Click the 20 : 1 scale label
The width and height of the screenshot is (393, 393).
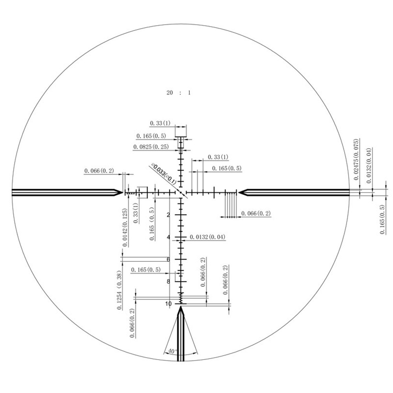[178, 93]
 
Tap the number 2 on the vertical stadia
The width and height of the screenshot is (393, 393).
[169, 215]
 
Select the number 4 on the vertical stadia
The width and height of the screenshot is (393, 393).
[169, 237]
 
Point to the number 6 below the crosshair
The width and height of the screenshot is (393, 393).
[169, 259]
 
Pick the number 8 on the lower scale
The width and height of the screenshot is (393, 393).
[169, 281]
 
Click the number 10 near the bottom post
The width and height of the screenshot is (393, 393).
[169, 304]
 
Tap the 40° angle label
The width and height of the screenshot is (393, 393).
[172, 351]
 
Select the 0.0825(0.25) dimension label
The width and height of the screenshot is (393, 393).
[151, 147]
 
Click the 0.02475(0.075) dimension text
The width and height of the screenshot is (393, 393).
[356, 160]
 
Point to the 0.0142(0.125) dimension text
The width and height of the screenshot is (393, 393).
[125, 227]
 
